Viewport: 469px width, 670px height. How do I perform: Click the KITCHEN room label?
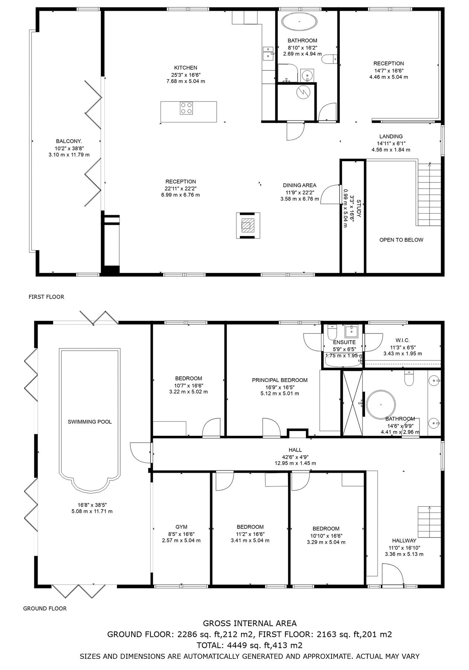click(x=186, y=68)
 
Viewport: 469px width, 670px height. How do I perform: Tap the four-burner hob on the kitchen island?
click(x=186, y=108)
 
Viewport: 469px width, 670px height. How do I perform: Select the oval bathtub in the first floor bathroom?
click(x=300, y=22)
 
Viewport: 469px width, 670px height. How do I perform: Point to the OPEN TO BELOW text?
click(x=401, y=240)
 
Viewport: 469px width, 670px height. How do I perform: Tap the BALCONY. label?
click(x=69, y=141)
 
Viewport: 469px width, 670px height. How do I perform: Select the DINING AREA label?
click(x=300, y=185)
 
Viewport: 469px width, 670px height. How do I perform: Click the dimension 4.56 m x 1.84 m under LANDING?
click(x=391, y=150)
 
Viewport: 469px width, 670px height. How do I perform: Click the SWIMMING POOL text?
click(x=90, y=422)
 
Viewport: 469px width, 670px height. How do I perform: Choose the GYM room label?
click(x=181, y=527)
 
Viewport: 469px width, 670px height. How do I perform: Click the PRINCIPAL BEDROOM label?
click(x=280, y=380)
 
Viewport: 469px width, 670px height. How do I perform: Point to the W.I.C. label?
click(x=402, y=340)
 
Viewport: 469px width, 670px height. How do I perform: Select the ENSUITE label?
click(x=344, y=342)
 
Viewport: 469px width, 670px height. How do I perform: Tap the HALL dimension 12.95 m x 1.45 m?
click(x=295, y=463)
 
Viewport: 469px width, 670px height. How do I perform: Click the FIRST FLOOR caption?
click(x=46, y=297)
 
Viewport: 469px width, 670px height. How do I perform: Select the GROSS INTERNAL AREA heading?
click(x=250, y=623)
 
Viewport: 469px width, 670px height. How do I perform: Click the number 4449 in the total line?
click(x=235, y=645)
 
